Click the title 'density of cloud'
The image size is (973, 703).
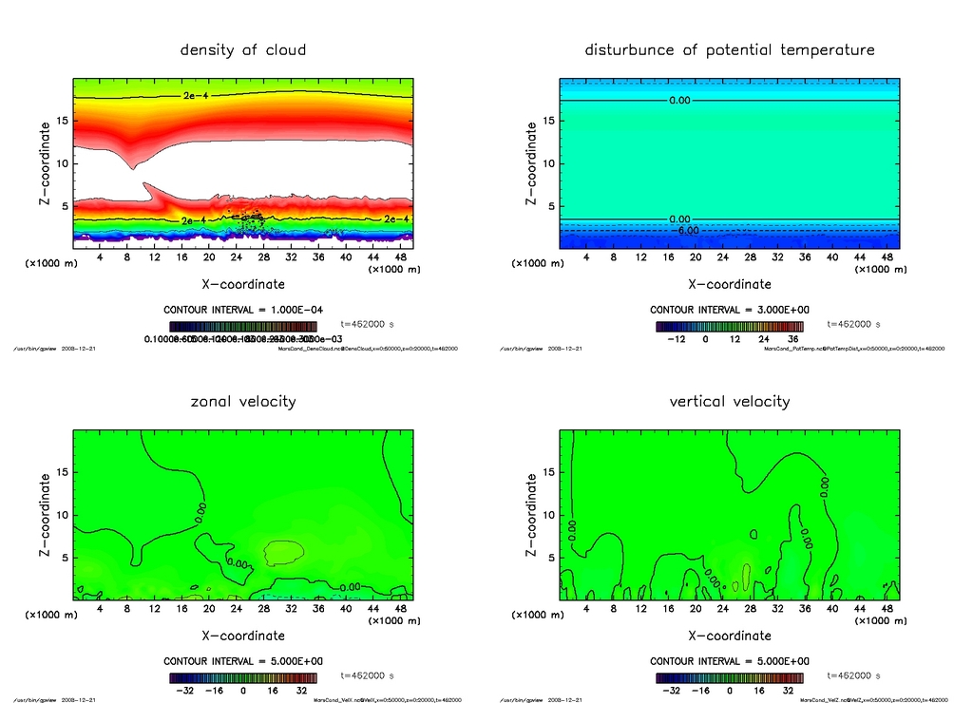[243, 49]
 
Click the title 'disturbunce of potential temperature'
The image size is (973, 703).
[729, 49]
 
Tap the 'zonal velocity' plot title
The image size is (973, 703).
[243, 401]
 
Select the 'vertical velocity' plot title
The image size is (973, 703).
[729, 401]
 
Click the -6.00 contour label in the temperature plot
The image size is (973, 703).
[686, 230]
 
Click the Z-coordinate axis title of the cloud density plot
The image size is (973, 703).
[46, 162]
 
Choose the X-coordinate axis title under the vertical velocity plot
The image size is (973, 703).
[729, 635]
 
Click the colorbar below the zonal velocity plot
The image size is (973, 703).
[243, 678]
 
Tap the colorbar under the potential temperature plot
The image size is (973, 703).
[729, 326]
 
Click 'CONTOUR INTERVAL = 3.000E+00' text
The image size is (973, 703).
[729, 310]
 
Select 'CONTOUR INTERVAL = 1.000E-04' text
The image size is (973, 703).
[243, 310]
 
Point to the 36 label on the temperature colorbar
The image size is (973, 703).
[792, 338]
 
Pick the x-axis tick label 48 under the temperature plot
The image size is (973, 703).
[887, 256]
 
